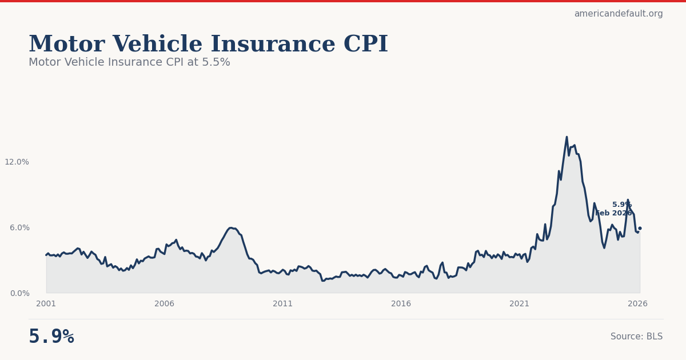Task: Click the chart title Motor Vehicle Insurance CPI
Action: (208, 45)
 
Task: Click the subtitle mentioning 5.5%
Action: (129, 62)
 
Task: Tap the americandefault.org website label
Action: (618, 14)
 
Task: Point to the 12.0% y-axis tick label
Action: (17, 162)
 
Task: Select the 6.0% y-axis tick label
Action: (19, 227)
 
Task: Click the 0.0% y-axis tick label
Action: (19, 293)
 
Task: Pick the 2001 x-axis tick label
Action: (46, 304)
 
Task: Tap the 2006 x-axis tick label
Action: (164, 304)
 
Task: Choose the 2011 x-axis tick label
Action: (282, 304)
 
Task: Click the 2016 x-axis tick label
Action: (401, 304)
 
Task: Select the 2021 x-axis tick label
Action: (519, 304)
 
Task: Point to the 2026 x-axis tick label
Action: (637, 304)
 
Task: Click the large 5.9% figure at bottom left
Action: (51, 337)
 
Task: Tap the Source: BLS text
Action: (636, 337)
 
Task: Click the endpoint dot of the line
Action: (640, 228)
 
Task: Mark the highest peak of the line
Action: (567, 137)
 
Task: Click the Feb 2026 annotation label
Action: (614, 213)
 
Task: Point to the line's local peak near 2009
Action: (230, 227)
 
